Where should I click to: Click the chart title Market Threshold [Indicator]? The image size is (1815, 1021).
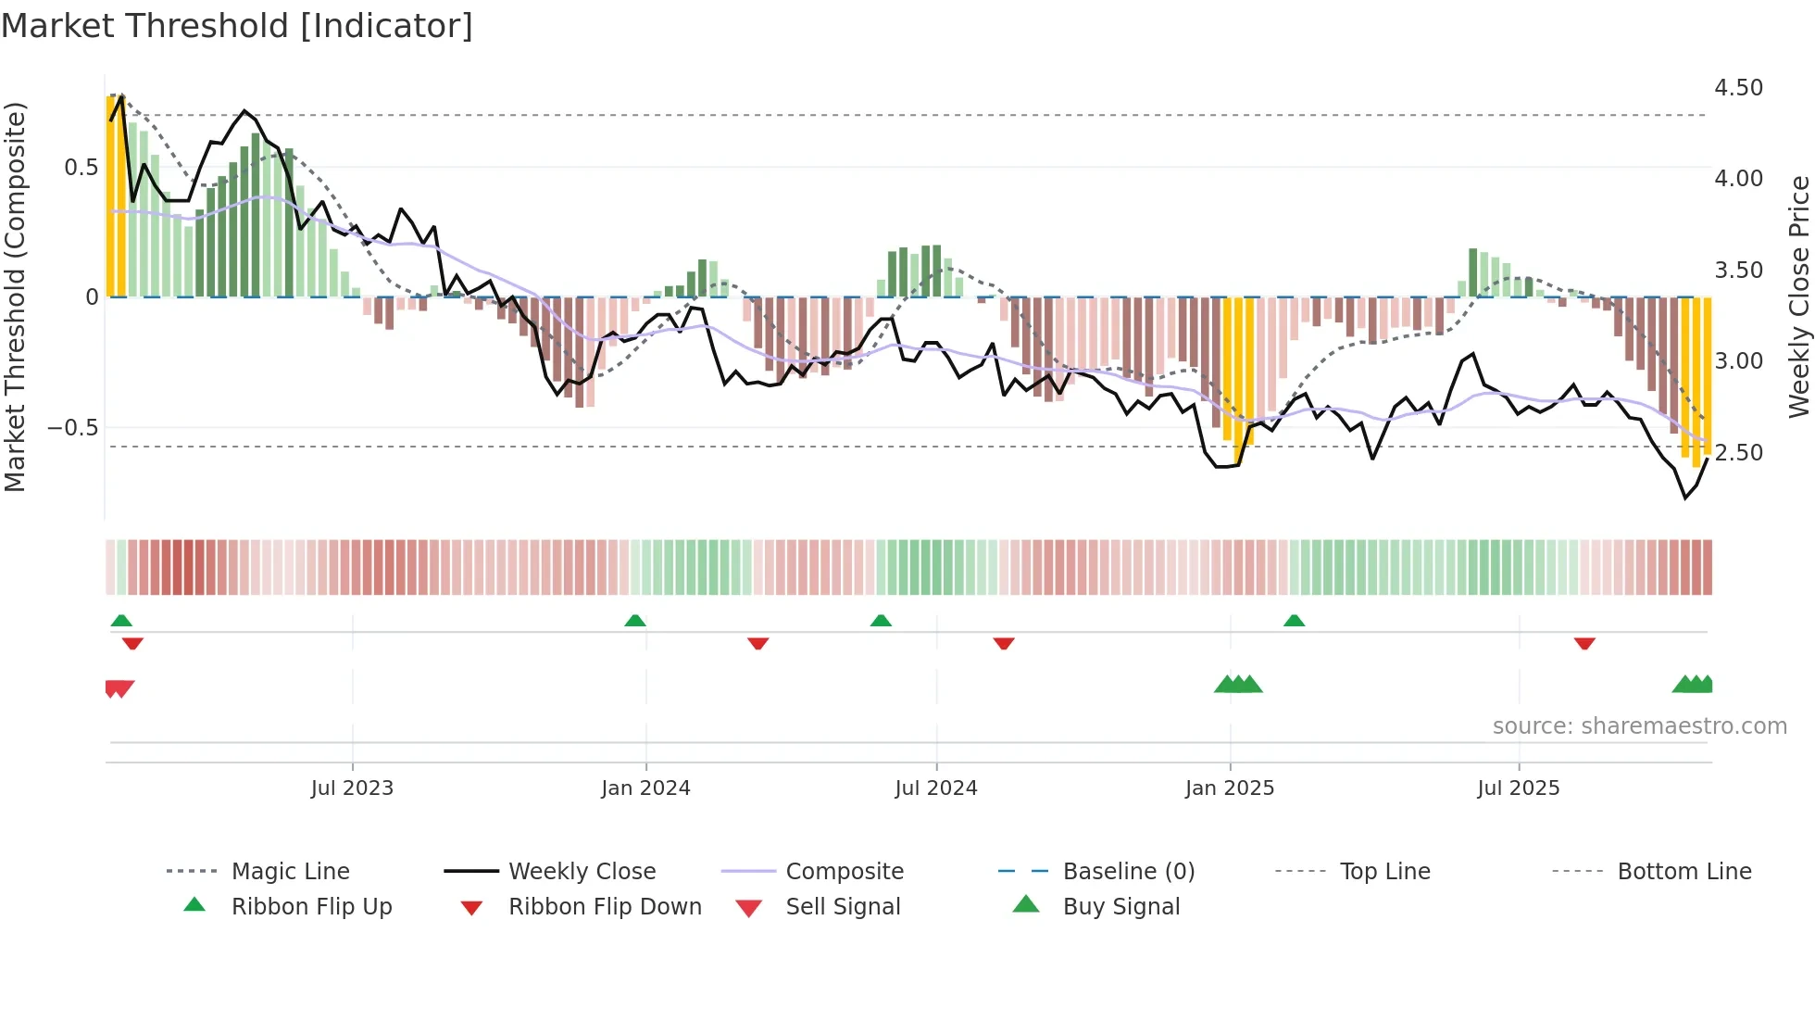pos(237,26)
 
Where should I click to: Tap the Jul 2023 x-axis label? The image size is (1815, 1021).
pos(352,788)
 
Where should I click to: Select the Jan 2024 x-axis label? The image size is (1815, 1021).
pos(645,788)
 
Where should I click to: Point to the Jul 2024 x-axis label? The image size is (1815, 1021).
pos(936,788)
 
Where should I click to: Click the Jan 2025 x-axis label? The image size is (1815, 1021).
pos(1230,788)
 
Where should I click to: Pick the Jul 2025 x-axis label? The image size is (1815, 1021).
pos(1519,788)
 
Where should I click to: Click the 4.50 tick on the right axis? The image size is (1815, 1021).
pos(1738,88)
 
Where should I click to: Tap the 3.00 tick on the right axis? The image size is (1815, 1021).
pos(1738,361)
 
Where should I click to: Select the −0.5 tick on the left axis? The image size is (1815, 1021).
pos(73,428)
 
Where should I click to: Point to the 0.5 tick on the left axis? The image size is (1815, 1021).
pos(81,168)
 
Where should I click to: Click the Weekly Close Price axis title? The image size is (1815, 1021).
pos(1798,296)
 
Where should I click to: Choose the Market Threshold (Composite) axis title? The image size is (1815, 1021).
pos(15,296)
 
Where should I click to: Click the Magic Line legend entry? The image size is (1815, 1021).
pos(290,872)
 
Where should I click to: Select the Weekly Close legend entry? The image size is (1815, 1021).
pos(582,872)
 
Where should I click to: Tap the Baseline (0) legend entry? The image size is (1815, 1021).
pos(1128,872)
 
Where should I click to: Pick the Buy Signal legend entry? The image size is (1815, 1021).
pos(1120,907)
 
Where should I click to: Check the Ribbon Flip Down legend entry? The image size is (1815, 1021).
pos(605,907)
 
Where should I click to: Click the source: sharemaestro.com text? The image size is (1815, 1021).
pos(1639,726)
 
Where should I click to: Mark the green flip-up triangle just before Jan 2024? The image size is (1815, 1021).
pos(635,621)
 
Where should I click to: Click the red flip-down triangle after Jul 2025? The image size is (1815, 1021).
pos(1584,643)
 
